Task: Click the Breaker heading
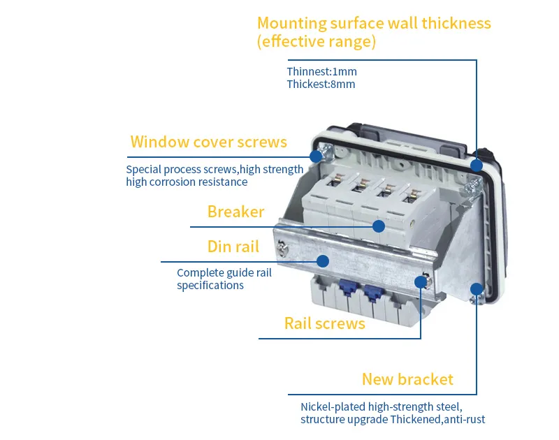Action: [235, 212]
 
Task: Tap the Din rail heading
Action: [233, 247]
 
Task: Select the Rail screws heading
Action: [325, 323]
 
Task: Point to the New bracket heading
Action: [407, 379]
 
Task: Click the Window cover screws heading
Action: [208, 142]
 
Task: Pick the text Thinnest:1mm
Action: [322, 72]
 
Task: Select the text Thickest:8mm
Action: [321, 85]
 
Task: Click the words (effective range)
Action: [317, 42]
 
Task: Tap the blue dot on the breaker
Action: [379, 226]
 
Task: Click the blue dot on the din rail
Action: [323, 261]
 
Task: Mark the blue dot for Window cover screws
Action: [316, 156]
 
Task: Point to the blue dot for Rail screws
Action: [421, 282]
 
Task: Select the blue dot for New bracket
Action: [477, 288]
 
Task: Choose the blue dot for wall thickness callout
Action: [477, 166]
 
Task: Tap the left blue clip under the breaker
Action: [346, 287]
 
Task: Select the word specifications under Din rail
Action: [210, 286]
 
